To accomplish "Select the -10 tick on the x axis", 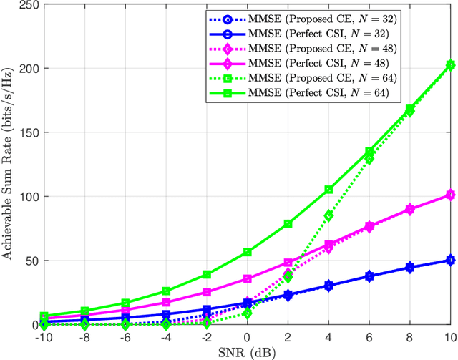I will pyautogui.click(x=44, y=337).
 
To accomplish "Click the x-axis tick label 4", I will pyautogui.click(x=328, y=337).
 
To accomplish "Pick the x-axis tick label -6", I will pyautogui.click(x=125, y=337).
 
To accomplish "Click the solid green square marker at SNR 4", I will pyautogui.click(x=328, y=189).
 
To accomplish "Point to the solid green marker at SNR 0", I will pyautogui.click(x=248, y=252).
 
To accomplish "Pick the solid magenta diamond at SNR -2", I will pyautogui.click(x=207, y=292).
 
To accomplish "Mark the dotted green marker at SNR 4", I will pyautogui.click(x=328, y=215).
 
